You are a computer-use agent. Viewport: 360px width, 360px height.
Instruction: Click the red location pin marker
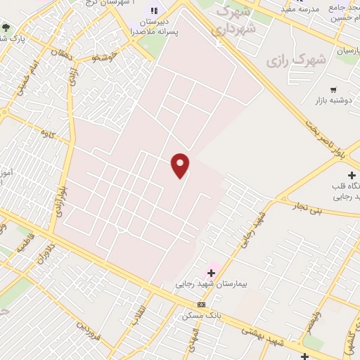click(181, 165)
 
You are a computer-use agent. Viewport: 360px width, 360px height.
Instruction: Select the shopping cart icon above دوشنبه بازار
click(333, 89)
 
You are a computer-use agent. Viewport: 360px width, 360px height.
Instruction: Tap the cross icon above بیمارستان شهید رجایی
click(210, 272)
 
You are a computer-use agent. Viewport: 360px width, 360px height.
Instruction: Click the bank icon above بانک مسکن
click(202, 304)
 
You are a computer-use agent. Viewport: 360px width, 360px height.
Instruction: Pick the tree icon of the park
click(6, 27)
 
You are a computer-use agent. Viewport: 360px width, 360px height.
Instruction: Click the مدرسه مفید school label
click(300, 9)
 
